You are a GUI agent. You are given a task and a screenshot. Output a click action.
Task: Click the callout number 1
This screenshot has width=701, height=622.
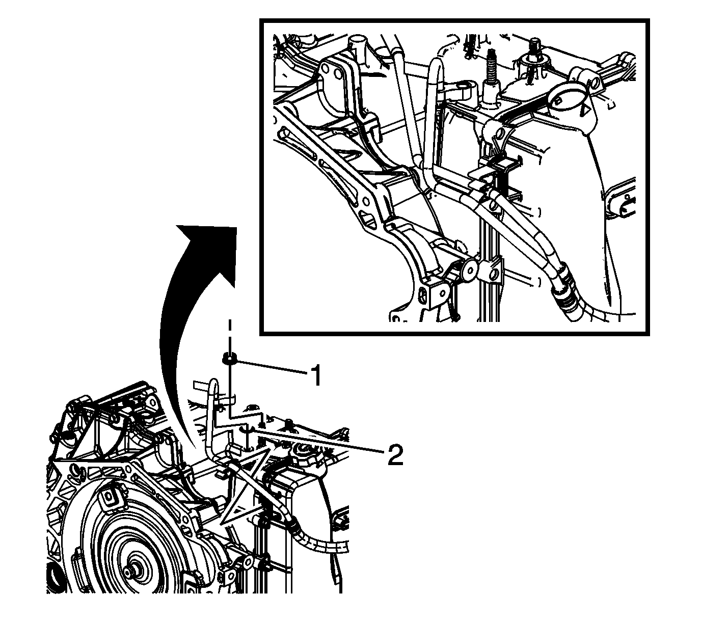315,376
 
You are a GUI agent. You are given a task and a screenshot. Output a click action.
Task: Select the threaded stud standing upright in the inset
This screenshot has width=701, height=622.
492,69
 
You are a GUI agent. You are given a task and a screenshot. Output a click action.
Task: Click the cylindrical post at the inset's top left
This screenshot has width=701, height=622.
358,48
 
